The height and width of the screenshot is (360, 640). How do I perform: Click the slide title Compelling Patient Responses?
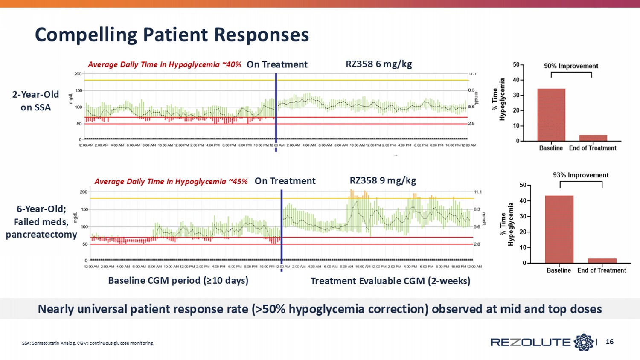tap(172, 35)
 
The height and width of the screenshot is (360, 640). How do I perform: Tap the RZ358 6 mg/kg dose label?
tap(378, 64)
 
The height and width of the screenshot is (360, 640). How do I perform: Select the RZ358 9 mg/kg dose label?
tap(382, 180)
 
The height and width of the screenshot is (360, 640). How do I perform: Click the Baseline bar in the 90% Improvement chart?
tap(551, 115)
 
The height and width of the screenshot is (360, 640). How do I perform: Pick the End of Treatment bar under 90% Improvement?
tap(593, 138)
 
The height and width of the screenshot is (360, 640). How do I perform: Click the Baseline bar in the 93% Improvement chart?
tap(559, 229)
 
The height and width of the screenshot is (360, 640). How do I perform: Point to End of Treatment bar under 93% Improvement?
tap(602, 261)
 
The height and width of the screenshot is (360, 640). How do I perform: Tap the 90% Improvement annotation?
tap(571, 66)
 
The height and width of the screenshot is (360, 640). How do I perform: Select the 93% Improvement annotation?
tap(581, 175)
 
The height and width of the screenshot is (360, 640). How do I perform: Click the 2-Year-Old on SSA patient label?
tap(35, 101)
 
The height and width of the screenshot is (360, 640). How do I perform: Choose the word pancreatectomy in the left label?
tap(41, 235)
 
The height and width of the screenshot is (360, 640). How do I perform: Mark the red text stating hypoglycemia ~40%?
tap(164, 64)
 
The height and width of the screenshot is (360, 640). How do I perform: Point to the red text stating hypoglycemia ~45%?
tap(171, 181)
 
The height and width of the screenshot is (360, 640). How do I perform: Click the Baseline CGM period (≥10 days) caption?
tap(178, 280)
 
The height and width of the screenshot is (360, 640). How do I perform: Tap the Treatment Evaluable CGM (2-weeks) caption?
tap(390, 281)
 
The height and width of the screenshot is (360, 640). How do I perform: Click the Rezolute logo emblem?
tap(584, 342)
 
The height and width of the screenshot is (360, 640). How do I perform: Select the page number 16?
tap(609, 342)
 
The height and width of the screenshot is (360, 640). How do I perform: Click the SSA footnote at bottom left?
tap(88, 343)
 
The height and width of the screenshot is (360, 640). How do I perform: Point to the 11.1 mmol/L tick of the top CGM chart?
tap(472, 74)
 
